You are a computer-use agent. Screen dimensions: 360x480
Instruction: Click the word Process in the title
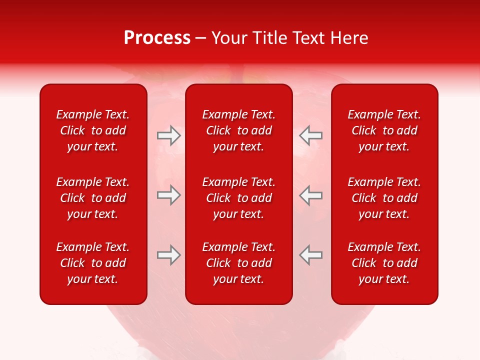pos(157,38)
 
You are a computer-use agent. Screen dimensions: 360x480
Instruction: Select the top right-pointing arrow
pos(168,135)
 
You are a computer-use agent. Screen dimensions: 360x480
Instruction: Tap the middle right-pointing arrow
pos(168,195)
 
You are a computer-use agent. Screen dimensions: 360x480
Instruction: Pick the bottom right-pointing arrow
pos(168,255)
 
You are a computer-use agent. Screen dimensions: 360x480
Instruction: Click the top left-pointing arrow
pos(310,135)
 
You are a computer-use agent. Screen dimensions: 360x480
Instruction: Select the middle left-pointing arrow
pos(310,195)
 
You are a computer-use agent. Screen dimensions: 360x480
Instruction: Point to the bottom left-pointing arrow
pos(310,255)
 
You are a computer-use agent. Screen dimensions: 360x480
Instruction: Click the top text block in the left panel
pos(93,130)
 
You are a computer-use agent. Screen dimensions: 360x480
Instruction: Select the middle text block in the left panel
pos(93,198)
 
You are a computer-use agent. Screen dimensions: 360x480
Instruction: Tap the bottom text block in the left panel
pos(93,263)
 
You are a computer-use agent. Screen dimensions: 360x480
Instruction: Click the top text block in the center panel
pos(238,130)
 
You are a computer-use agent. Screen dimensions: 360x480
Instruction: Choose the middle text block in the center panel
pos(238,198)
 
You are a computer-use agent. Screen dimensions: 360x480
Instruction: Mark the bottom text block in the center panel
pos(238,263)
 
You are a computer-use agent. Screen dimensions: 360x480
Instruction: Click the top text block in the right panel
pos(384,130)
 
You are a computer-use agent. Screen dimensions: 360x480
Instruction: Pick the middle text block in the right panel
pos(384,198)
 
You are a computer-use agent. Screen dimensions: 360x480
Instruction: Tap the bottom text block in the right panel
pos(384,263)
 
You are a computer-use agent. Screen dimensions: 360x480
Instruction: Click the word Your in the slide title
pos(229,38)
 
